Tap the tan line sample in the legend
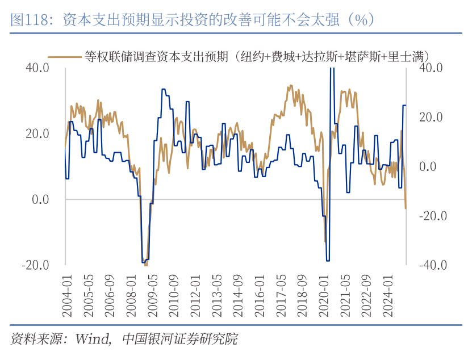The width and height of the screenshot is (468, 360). click(64, 56)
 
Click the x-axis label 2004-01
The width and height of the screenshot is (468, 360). click(66, 296)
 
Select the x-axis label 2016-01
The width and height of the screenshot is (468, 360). click(258, 296)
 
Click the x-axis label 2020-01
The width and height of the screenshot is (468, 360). click(323, 296)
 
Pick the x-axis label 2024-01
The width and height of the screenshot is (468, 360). click(387, 296)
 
